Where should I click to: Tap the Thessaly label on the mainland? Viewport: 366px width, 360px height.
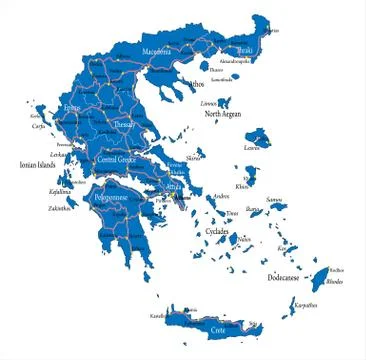[125, 124]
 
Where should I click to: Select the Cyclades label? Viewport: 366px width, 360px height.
[217, 231]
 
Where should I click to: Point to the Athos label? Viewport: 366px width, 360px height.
[196, 85]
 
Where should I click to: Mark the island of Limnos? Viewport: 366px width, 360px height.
[227, 102]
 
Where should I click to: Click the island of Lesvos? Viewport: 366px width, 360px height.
[262, 136]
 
